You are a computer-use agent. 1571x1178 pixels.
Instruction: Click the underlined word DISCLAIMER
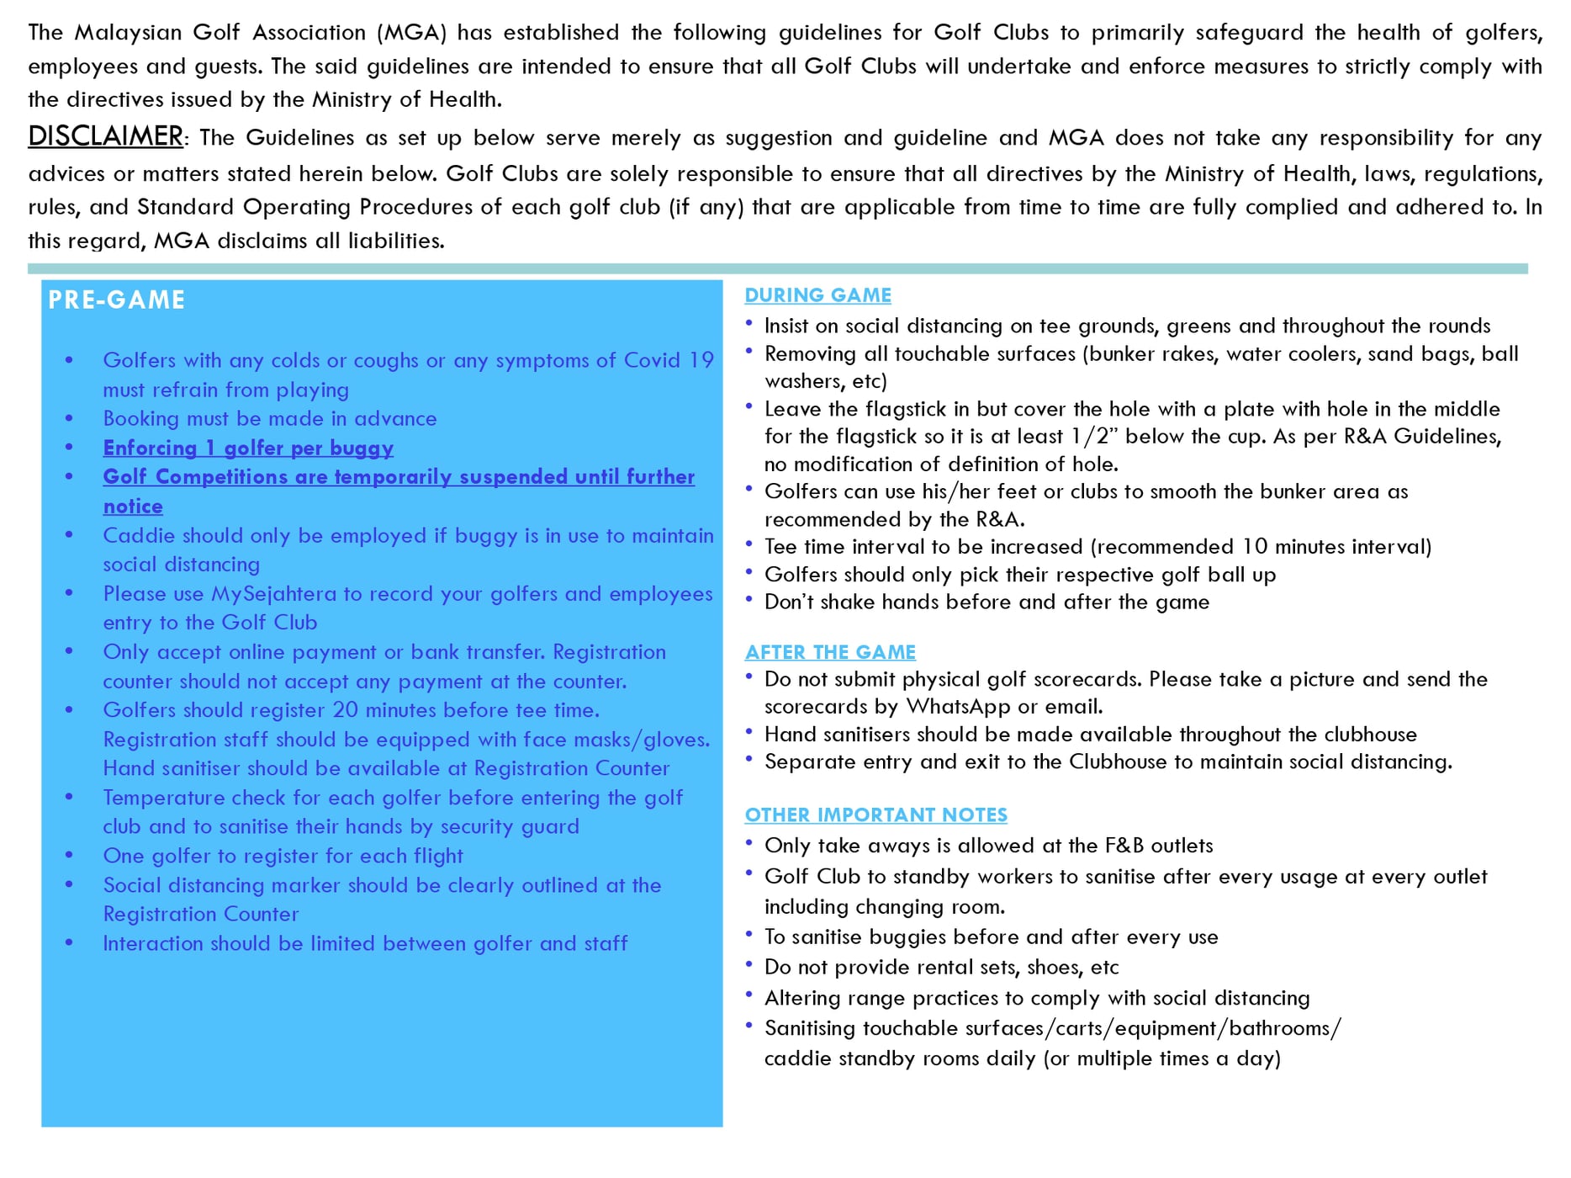[x=105, y=136]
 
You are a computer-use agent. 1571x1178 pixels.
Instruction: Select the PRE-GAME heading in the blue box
[x=116, y=300]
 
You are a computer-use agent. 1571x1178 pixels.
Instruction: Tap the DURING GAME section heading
[x=817, y=295]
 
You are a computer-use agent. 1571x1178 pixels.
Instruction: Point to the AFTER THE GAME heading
[x=830, y=652]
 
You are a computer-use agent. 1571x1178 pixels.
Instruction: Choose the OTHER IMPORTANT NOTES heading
[x=875, y=815]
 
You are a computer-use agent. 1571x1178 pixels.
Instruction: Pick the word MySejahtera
[x=273, y=594]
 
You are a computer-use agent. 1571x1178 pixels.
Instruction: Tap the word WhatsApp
[x=958, y=706]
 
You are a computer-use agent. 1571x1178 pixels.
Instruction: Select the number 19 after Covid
[x=701, y=360]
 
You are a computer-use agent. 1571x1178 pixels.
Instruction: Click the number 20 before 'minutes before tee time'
[x=345, y=710]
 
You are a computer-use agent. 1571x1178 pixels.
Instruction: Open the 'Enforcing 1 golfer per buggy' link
[x=248, y=448]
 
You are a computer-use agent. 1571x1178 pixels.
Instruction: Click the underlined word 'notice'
[x=133, y=507]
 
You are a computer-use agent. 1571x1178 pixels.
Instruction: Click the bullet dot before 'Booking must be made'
[x=69, y=418]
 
